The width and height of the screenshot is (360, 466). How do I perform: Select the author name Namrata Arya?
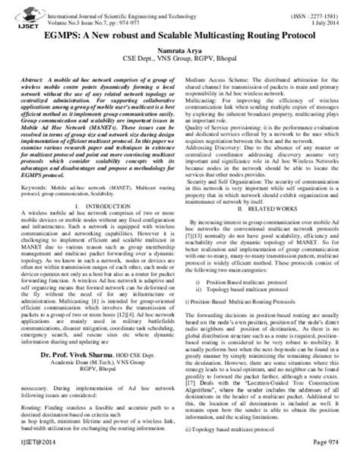click(179, 49)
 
